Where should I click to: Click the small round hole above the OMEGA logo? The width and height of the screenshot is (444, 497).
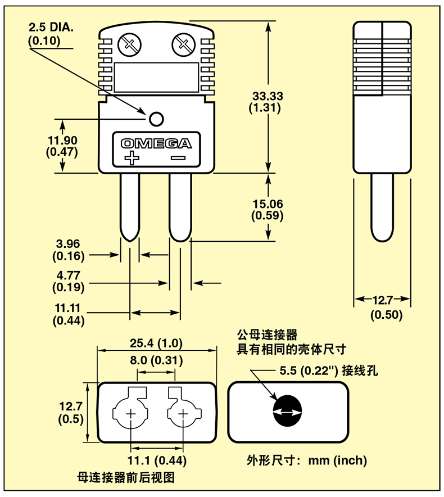coord(156,119)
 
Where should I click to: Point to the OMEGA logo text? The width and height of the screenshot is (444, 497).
coord(156,143)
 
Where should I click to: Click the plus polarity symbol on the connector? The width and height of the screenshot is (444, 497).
coord(132,157)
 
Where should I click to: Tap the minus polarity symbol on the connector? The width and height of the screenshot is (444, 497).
coord(178,158)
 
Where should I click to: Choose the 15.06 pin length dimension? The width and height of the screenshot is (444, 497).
coord(267,204)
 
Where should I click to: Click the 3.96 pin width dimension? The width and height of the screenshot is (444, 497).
coord(68,244)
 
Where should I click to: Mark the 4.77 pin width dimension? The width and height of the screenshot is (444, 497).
coord(68,275)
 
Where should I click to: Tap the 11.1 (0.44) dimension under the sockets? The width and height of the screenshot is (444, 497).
coord(157,460)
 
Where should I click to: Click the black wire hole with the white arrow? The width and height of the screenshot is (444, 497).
coord(287,412)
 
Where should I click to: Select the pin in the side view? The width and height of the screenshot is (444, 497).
coord(382,205)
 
